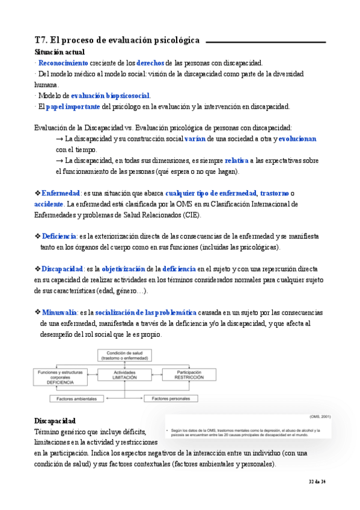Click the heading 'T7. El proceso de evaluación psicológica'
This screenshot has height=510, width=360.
pos(117,40)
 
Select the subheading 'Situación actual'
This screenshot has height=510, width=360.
pos(59,53)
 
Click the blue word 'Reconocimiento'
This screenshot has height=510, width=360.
pos(63,63)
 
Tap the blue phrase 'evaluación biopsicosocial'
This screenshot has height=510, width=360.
pos(111,95)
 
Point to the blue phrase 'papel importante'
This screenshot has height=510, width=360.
pos(73,106)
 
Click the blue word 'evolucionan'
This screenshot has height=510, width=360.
pos(297,139)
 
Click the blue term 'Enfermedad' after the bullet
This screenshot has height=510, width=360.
pos(61,193)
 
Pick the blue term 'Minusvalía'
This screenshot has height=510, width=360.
pos(59,312)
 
